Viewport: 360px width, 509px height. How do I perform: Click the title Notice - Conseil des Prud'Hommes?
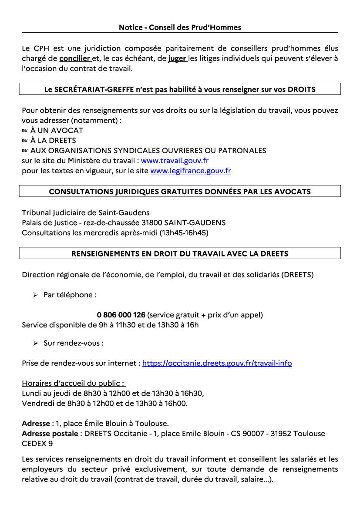coord(180,27)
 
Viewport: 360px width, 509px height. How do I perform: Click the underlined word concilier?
coord(74,58)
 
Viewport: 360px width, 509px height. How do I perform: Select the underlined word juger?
coord(177,58)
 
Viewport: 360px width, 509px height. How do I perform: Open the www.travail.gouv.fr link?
coord(175,161)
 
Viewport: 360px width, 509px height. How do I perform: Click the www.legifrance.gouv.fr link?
coord(191,171)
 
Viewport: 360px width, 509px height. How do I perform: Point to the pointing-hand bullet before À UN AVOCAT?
coord(25,131)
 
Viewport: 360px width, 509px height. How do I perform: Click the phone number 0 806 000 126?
coord(121,315)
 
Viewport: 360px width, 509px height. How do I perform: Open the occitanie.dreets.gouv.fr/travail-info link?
coord(217,363)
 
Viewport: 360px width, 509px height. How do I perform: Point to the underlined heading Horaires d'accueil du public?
coord(74,384)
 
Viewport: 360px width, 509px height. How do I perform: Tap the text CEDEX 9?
coord(37,444)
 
